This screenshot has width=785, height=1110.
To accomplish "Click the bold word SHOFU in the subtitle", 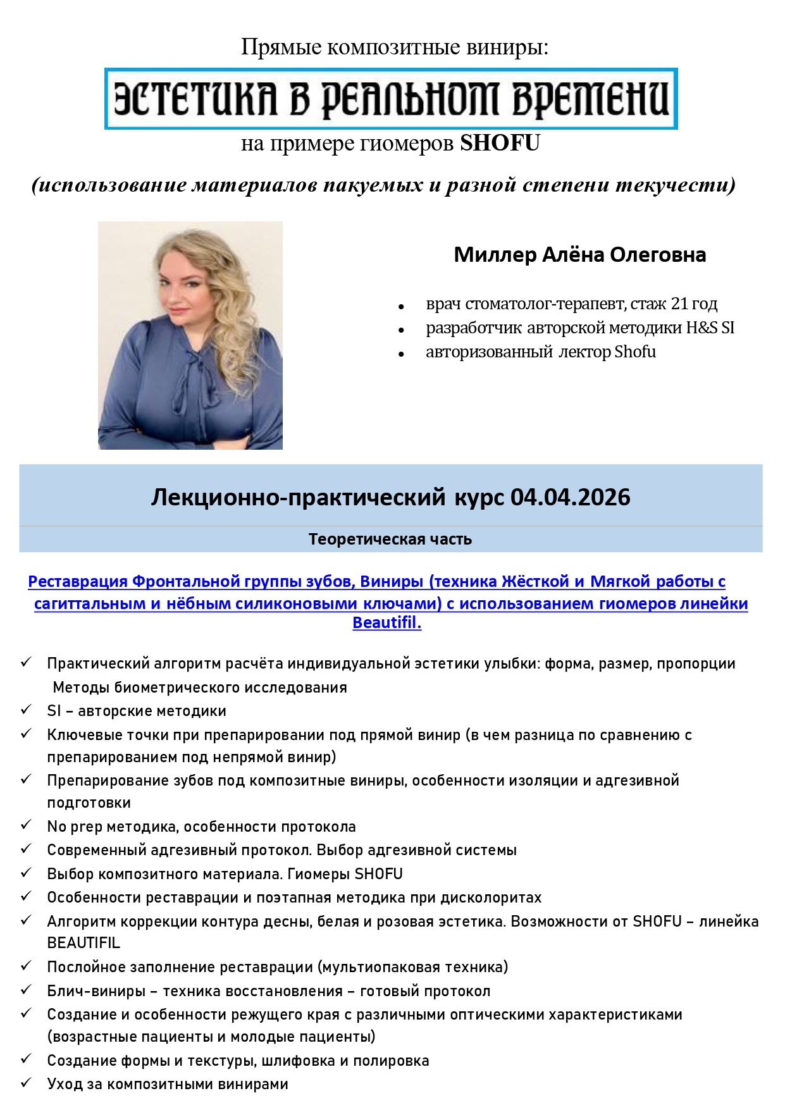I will (500, 144).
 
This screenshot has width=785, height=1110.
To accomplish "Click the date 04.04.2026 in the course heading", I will (570, 497).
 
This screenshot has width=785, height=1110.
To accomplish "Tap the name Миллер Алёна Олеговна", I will (579, 254).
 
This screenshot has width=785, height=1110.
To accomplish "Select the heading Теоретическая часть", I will (390, 539).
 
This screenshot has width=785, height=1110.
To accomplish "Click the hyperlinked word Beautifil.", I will (386, 622).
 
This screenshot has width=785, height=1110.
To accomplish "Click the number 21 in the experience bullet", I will (679, 304).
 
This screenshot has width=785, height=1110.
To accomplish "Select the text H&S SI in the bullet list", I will (710, 328).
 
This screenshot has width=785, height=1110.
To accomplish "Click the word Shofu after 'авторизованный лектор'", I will (635, 352).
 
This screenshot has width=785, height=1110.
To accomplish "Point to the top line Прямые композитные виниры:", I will (395, 47).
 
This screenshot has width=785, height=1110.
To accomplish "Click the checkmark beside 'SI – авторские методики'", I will (26, 710).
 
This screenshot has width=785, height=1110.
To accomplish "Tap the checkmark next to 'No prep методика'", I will (26, 825).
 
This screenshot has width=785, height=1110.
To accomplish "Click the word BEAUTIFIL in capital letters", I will (83, 943).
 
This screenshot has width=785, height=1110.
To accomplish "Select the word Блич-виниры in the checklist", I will (96, 991).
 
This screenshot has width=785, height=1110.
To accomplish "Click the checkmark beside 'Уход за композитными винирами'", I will (26, 1083).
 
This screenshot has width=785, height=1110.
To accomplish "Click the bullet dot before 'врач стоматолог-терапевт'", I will (401, 307).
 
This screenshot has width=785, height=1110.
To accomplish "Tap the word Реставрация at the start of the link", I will (78, 581).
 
